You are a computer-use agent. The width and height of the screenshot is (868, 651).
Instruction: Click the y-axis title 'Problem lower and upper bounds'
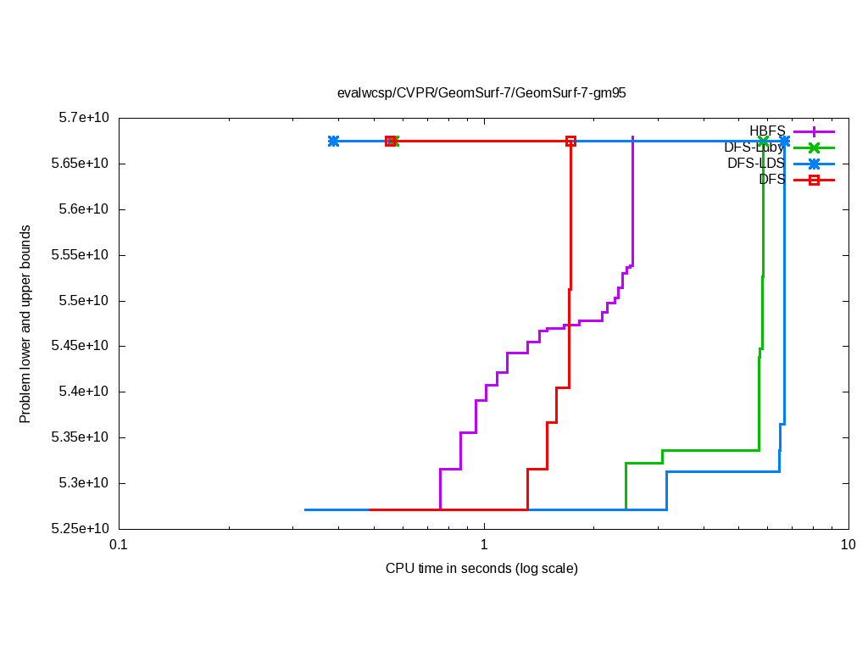click(x=25, y=324)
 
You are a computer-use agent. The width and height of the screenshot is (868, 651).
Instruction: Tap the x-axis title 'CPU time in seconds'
click(x=481, y=568)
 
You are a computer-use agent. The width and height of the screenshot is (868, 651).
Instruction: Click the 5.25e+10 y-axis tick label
click(x=82, y=529)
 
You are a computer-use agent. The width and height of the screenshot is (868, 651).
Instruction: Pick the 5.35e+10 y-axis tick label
click(x=82, y=437)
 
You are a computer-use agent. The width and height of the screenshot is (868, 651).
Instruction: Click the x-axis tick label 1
click(x=483, y=546)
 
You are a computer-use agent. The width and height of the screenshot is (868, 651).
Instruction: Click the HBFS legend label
click(x=767, y=131)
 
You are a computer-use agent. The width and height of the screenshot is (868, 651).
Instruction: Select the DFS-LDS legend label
click(x=756, y=163)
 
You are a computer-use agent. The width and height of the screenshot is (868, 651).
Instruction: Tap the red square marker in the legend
click(x=814, y=180)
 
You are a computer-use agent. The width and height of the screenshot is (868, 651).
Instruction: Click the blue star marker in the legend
click(x=814, y=164)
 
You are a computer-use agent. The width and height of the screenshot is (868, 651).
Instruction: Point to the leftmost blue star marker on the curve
click(x=333, y=141)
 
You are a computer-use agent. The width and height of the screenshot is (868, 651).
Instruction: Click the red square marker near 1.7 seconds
click(x=570, y=141)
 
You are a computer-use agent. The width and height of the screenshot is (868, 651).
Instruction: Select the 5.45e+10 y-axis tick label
click(x=82, y=346)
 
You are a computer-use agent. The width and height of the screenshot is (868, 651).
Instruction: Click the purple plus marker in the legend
click(x=814, y=131)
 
